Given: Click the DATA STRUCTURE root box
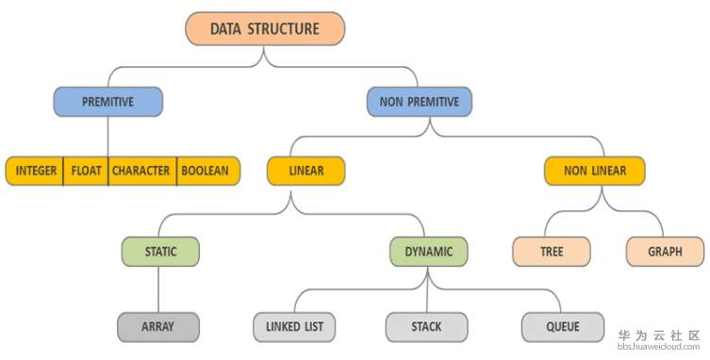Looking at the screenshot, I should click(264, 28).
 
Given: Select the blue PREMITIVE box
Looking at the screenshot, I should click(107, 101).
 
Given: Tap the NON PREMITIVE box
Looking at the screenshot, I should click(419, 101).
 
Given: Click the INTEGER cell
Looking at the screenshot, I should click(35, 171).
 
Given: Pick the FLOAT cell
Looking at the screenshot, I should click(86, 171).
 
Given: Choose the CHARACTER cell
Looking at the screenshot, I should click(141, 171).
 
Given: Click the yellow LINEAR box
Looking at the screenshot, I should click(305, 171).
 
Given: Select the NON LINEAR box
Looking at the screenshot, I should click(596, 171).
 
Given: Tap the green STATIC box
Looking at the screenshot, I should click(161, 252).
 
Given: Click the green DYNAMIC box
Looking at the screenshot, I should click(429, 252).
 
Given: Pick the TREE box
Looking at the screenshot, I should click(552, 252).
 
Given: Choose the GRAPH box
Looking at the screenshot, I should click(665, 252).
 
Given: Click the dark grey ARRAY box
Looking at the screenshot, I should click(157, 327).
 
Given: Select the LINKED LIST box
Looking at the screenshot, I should click(292, 327).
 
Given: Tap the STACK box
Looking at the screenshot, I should click(426, 327).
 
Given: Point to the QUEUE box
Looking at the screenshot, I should click(563, 327).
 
